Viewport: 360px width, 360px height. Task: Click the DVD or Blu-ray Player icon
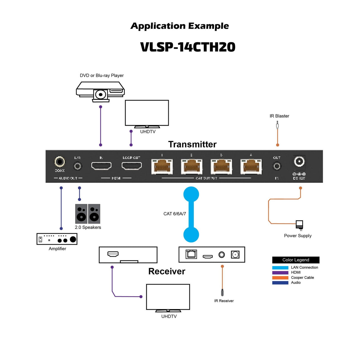tap(100, 91)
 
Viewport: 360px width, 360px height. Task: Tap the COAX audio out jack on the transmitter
tap(60, 162)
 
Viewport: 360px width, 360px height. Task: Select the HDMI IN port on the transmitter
tap(101, 166)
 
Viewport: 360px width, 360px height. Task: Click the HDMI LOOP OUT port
tap(132, 166)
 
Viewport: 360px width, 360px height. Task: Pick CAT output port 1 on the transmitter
tap(162, 167)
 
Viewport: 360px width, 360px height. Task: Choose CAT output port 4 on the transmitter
tap(251, 167)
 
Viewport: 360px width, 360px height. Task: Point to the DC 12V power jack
tap(299, 162)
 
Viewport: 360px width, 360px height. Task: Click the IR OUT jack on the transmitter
tap(277, 166)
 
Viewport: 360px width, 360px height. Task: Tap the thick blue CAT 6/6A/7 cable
tap(191, 214)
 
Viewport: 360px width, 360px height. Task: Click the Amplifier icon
tap(57, 239)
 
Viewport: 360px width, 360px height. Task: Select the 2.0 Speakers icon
tap(88, 214)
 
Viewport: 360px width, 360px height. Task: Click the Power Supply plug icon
tap(300, 225)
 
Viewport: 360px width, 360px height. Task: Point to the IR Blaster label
tap(279, 116)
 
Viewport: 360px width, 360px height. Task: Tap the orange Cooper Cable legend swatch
tap(280, 278)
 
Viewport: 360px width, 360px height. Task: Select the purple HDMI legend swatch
tap(280, 273)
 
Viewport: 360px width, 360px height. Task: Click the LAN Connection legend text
tap(304, 267)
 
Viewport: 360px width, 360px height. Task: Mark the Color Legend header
tap(296, 260)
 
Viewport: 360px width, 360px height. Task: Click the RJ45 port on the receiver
tap(191, 254)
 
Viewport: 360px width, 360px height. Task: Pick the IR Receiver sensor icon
tap(222, 293)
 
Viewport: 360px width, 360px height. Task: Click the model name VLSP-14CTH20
tap(188, 47)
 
